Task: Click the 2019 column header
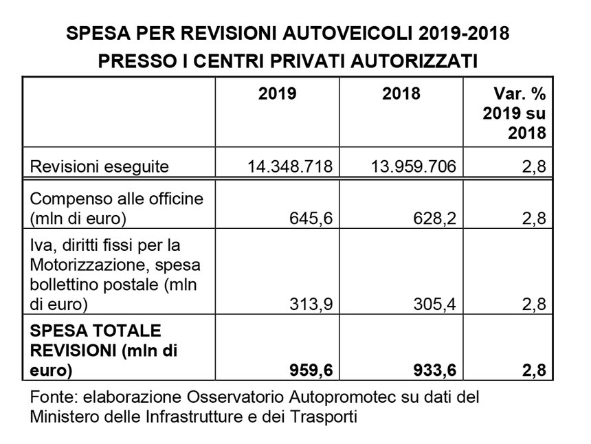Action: click(x=277, y=93)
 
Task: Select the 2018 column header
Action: click(x=401, y=93)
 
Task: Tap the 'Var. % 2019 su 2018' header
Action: click(x=514, y=113)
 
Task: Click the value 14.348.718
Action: click(x=290, y=166)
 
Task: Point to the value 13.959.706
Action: click(x=414, y=166)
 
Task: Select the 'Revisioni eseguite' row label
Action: click(x=99, y=166)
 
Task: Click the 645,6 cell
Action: click(x=311, y=219)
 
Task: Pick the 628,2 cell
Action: click(x=434, y=219)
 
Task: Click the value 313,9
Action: click(x=311, y=304)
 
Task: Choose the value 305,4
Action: click(x=434, y=304)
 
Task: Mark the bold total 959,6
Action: click(x=311, y=370)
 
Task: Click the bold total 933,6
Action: click(x=434, y=370)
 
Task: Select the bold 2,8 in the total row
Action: click(x=534, y=370)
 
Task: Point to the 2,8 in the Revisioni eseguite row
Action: click(x=534, y=166)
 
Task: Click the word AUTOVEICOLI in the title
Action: click(x=347, y=33)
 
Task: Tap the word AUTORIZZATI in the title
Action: click(x=414, y=61)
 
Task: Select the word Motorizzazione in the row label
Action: click(x=91, y=265)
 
